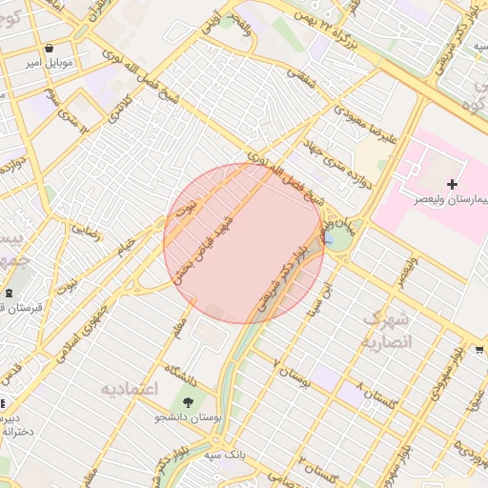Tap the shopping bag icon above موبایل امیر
pyautogui.click(x=49, y=45)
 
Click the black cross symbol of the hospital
pyautogui.click(x=451, y=183)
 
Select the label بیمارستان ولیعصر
pyautogui.click(x=446, y=200)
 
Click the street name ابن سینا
pyautogui.click(x=332, y=298)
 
